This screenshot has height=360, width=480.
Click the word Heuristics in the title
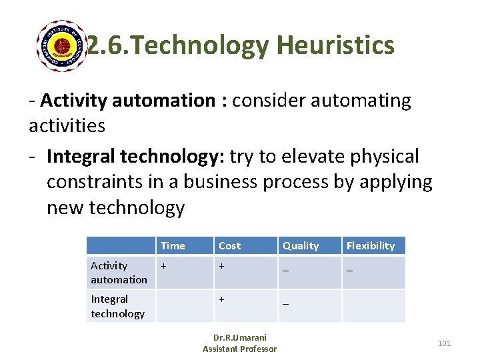click(x=335, y=45)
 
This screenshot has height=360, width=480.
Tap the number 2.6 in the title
click(x=105, y=45)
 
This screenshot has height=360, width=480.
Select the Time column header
click(x=173, y=245)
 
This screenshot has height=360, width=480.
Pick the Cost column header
click(x=229, y=245)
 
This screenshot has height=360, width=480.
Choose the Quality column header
click(x=301, y=245)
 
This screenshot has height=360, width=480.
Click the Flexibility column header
click(x=371, y=245)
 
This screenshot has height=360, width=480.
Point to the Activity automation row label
click(x=119, y=272)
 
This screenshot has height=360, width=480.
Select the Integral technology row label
click(x=117, y=306)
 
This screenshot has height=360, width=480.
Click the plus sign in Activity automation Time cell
click(x=163, y=265)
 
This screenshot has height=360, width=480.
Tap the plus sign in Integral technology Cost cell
click(x=222, y=299)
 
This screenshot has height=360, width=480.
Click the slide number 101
click(x=444, y=343)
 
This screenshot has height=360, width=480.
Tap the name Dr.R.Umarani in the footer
click(x=239, y=338)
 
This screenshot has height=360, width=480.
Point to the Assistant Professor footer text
click(x=239, y=349)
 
